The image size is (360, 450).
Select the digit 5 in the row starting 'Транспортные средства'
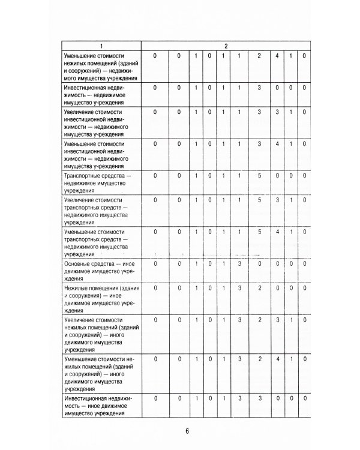[259, 176]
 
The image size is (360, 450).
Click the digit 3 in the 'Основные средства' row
[239, 263]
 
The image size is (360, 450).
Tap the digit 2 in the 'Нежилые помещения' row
[259, 288]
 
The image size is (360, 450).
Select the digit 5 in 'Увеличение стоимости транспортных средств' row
[259, 200]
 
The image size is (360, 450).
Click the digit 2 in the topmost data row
[259, 56]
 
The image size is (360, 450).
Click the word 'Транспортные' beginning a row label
[83, 176]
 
